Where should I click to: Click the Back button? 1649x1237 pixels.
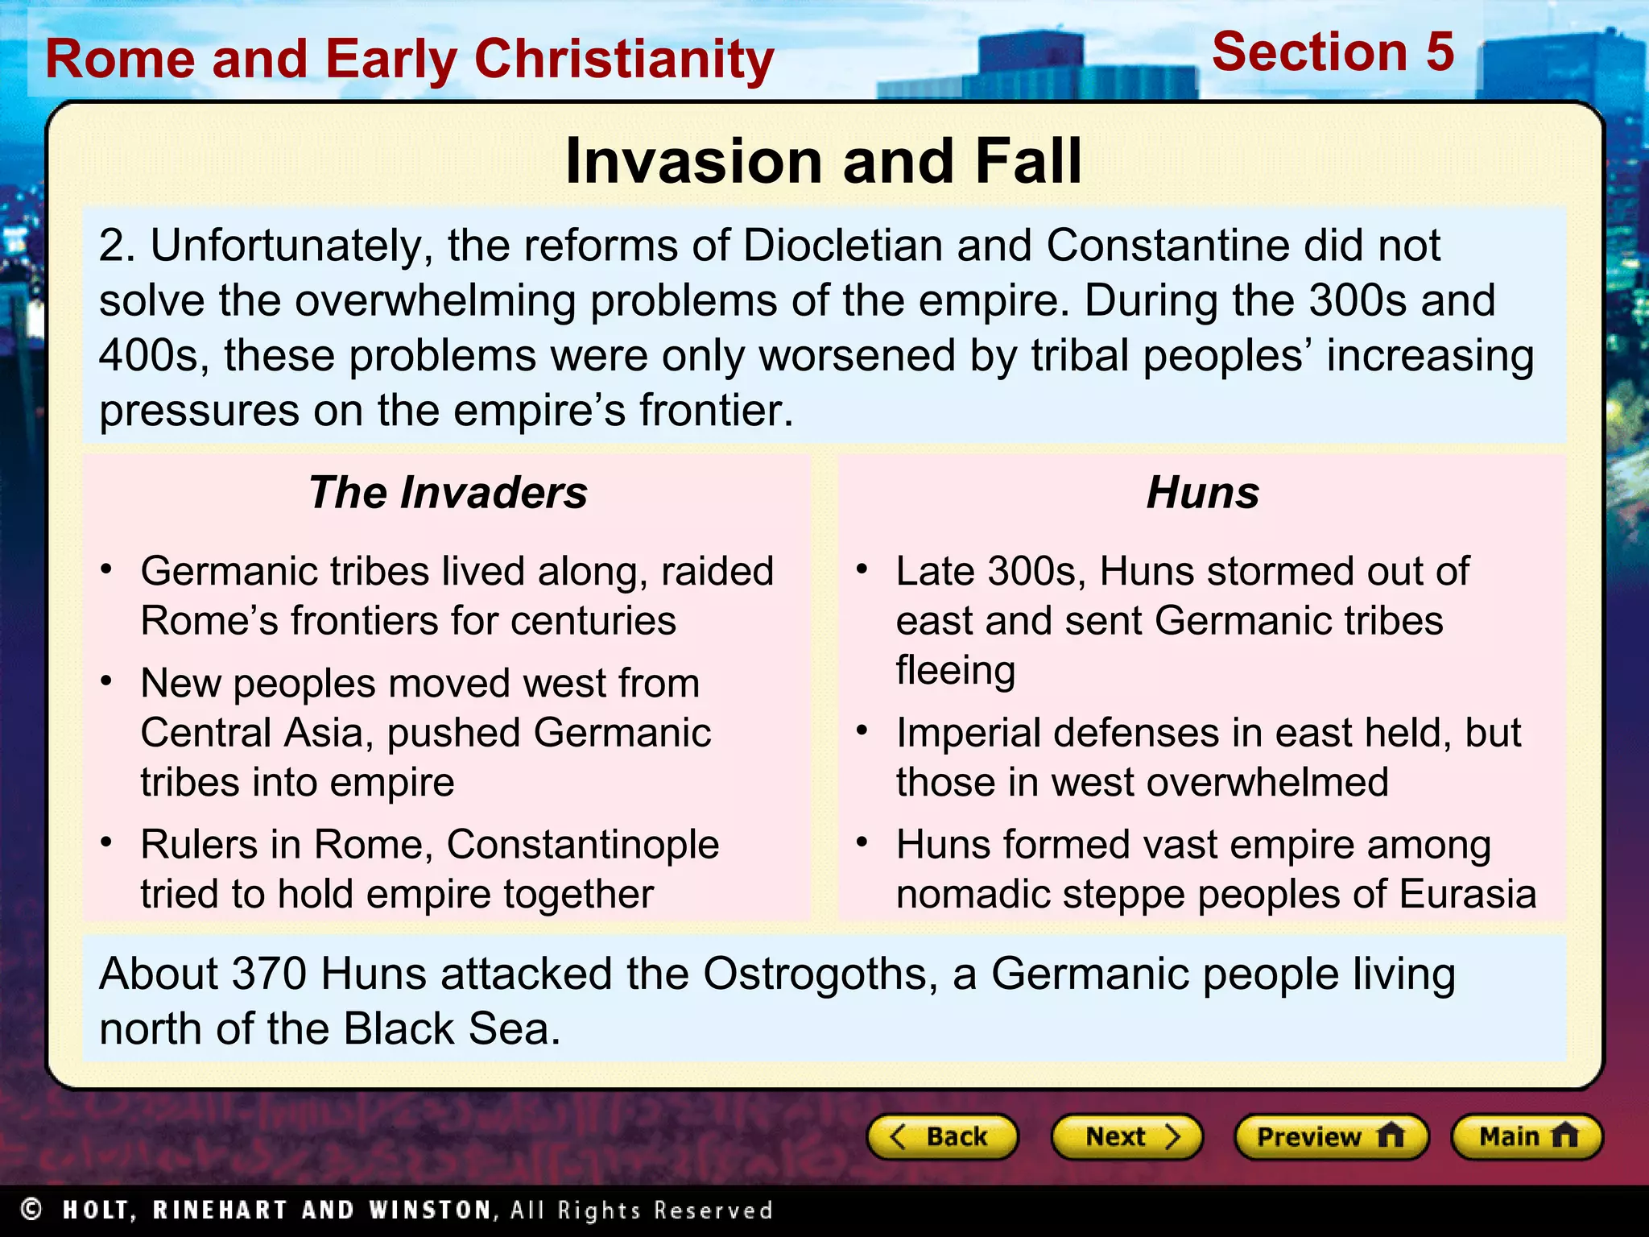tap(942, 1136)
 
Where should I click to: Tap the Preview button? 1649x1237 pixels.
tap(1330, 1136)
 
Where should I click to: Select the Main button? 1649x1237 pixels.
tap(1527, 1136)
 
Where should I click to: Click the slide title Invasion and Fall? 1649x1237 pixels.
tap(823, 161)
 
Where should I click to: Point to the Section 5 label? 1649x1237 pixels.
tap(1333, 52)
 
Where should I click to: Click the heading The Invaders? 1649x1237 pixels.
tap(448, 492)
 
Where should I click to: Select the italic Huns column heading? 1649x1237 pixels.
tap(1203, 492)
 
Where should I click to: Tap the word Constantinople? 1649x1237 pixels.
tap(582, 845)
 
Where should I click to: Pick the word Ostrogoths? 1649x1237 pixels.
tap(820, 974)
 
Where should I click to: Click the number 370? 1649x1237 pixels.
tap(269, 974)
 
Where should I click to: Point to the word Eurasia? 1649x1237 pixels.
tap(1467, 895)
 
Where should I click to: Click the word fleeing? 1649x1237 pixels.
tap(956, 671)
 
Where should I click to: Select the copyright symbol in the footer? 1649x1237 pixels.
tap(31, 1209)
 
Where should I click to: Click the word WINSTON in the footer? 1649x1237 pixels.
tap(429, 1210)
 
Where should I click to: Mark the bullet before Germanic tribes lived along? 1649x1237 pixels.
tap(106, 569)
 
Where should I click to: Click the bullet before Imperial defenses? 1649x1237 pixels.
tap(862, 731)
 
